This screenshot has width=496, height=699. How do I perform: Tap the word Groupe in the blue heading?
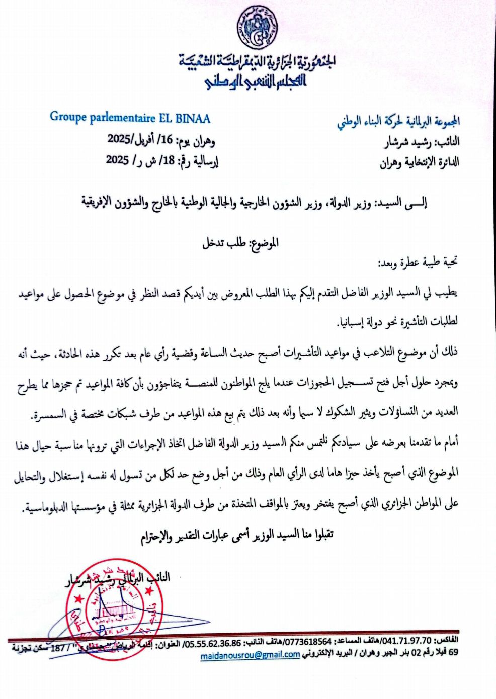point(68,117)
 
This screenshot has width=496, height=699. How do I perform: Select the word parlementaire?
point(122,118)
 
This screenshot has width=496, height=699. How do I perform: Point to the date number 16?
point(167,140)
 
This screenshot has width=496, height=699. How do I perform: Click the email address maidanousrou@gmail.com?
point(250,655)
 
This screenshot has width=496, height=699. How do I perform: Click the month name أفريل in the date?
point(146,140)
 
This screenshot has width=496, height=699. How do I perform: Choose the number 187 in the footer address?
point(58,648)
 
